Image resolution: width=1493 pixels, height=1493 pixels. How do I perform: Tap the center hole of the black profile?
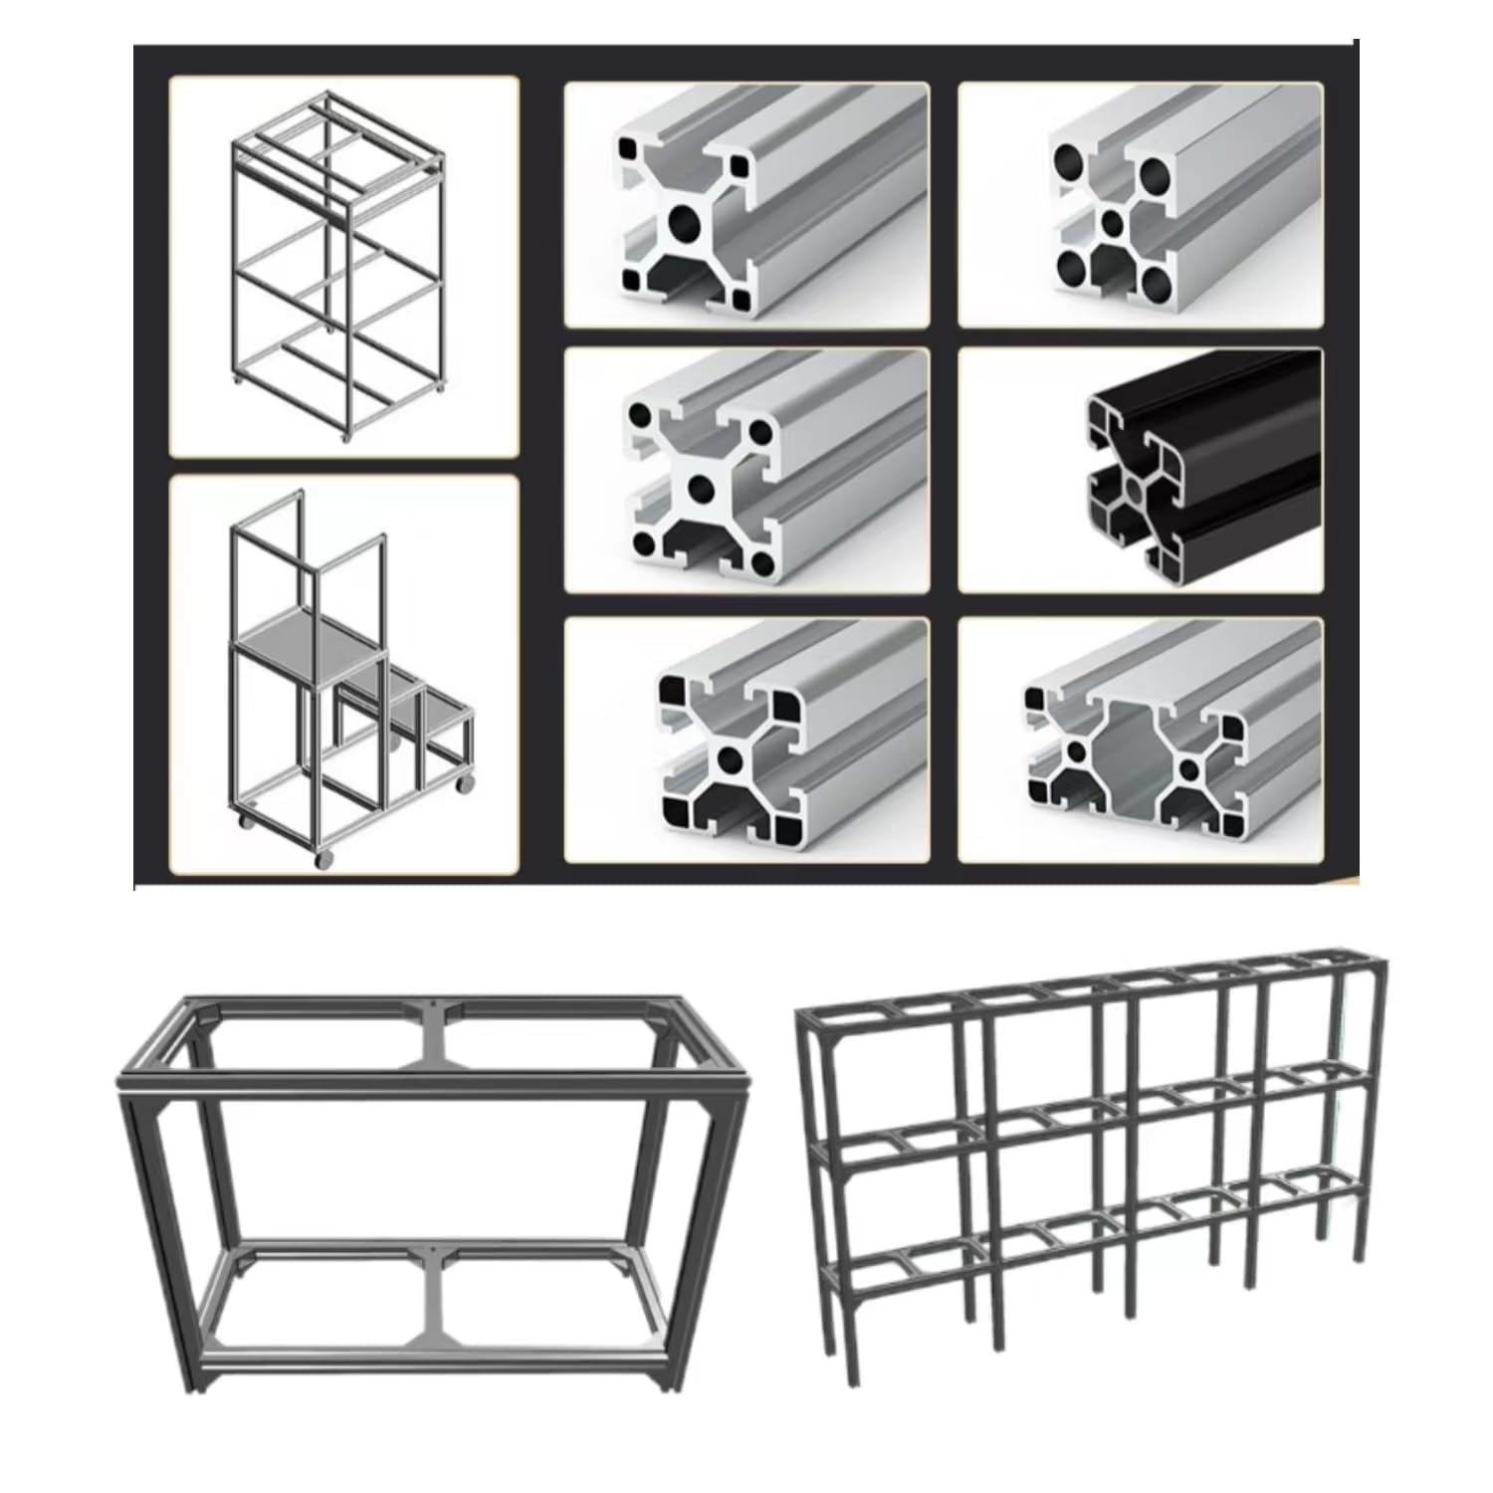tap(1136, 489)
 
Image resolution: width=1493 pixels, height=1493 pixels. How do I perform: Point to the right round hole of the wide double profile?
tap(1191, 767)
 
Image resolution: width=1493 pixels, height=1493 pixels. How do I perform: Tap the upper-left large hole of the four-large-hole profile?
tap(1070, 159)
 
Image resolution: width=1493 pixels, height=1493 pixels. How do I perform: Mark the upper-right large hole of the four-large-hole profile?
tap(1156, 176)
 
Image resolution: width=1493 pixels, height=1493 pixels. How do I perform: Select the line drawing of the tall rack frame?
tap(338, 267)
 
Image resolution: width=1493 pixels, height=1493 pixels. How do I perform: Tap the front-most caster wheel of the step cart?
tap(321, 861)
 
